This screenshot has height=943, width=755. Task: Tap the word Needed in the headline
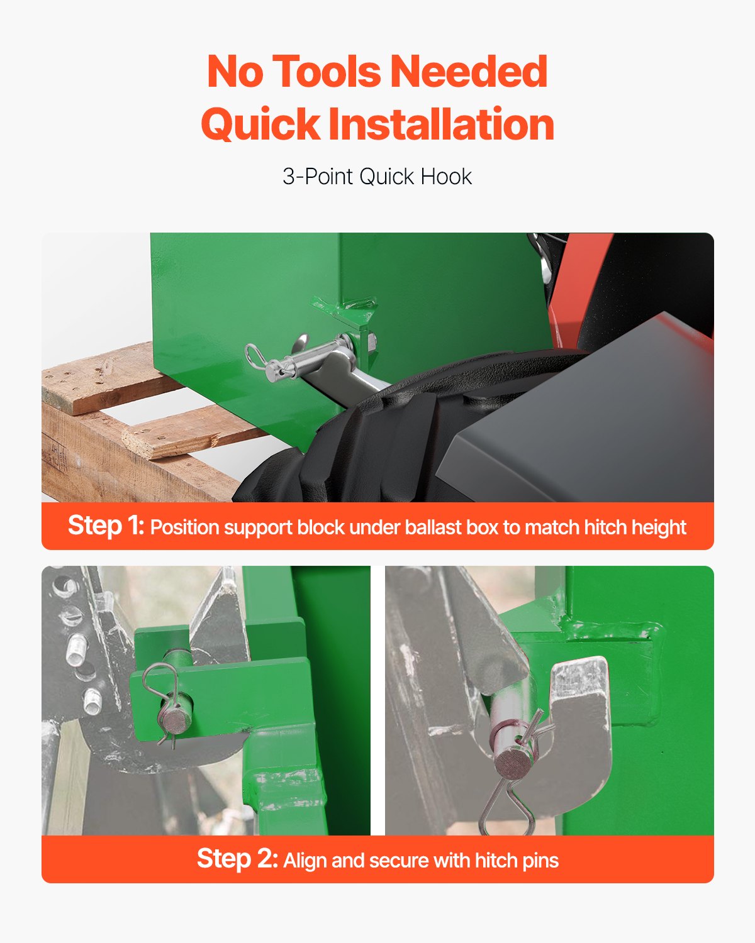[x=469, y=72]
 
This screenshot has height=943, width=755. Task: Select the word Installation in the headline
[x=441, y=124]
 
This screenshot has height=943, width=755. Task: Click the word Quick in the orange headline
[x=260, y=124]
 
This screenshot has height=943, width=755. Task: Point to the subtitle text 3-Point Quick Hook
[x=377, y=177]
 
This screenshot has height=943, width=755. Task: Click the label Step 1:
[x=106, y=526]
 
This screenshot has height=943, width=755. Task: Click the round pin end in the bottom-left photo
[x=174, y=722]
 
